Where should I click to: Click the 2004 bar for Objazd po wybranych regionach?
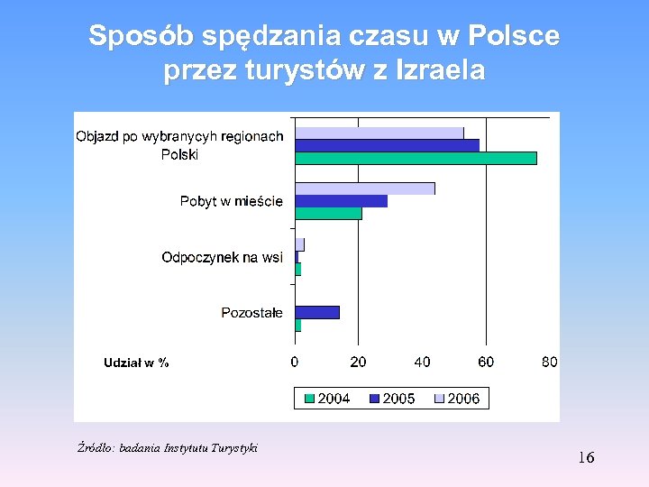[416, 158]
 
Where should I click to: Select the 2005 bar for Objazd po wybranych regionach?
[387, 145]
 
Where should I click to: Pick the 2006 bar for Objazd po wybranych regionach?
[379, 133]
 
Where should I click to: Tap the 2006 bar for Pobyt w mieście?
[365, 188]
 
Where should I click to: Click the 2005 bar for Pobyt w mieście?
[341, 201]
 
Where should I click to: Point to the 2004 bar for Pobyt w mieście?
[328, 214]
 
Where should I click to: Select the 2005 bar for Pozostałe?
[317, 312]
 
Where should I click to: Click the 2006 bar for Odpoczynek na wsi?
[300, 244]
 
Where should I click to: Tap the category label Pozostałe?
[251, 313]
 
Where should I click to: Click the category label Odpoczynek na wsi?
[222, 258]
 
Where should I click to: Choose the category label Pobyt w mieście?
[231, 201]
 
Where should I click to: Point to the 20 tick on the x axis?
[358, 362]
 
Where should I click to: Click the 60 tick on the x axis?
[485, 362]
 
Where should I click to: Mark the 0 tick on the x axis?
[295, 362]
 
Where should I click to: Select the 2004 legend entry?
[327, 398]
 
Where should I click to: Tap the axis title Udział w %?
[136, 363]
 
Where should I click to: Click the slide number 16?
[586, 458]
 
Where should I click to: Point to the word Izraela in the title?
[439, 70]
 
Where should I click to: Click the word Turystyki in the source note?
[233, 447]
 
